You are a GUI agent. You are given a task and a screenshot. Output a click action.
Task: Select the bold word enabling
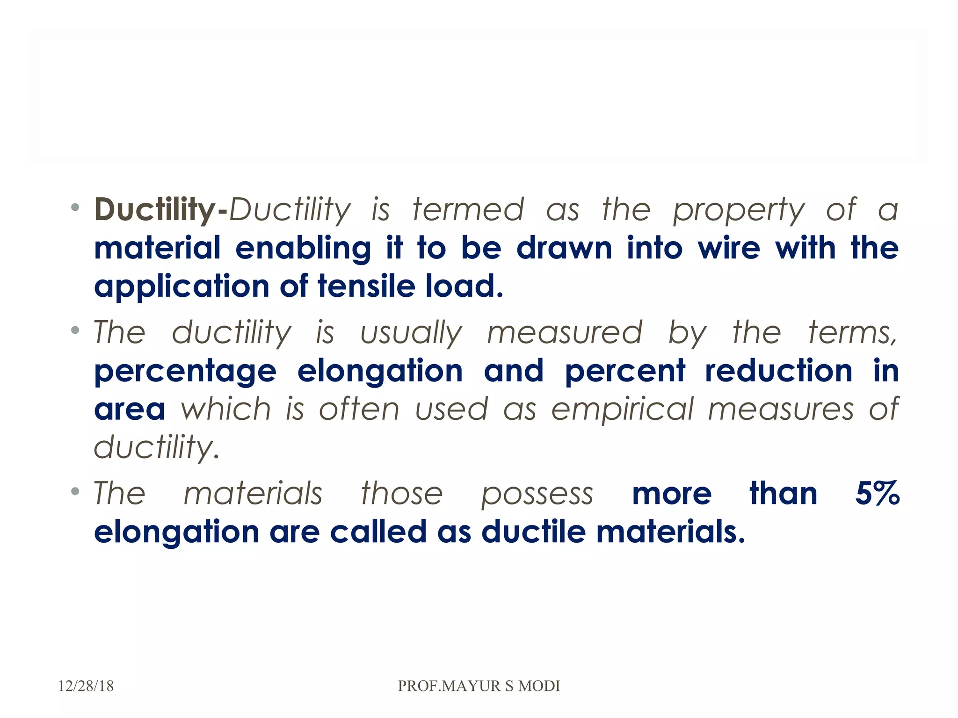303,249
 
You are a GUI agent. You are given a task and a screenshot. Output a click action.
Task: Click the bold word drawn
564,248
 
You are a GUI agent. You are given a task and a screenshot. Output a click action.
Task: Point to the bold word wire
729,248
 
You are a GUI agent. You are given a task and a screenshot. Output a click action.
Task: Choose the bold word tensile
366,286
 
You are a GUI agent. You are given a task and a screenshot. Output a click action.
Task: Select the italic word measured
565,332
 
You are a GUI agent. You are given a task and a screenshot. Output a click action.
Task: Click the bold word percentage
185,372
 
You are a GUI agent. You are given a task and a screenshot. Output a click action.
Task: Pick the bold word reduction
778,371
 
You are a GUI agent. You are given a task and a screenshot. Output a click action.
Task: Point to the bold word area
130,409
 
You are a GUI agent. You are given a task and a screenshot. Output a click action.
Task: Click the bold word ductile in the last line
533,532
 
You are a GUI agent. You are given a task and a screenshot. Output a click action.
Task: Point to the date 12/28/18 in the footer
86,686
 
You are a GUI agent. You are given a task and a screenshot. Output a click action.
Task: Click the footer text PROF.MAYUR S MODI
479,686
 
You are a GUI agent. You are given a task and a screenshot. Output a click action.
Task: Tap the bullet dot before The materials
75,491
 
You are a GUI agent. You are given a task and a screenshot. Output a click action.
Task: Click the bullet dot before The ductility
75,330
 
